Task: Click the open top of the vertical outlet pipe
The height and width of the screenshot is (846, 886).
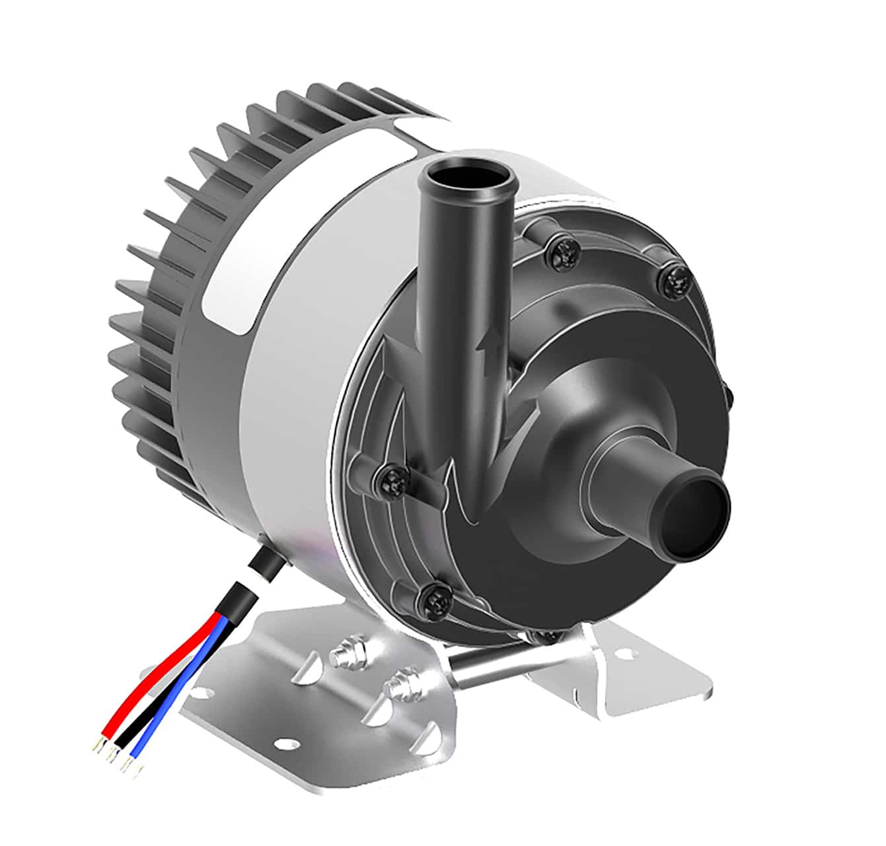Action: tap(468, 177)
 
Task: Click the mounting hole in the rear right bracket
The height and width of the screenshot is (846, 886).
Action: tap(622, 655)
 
